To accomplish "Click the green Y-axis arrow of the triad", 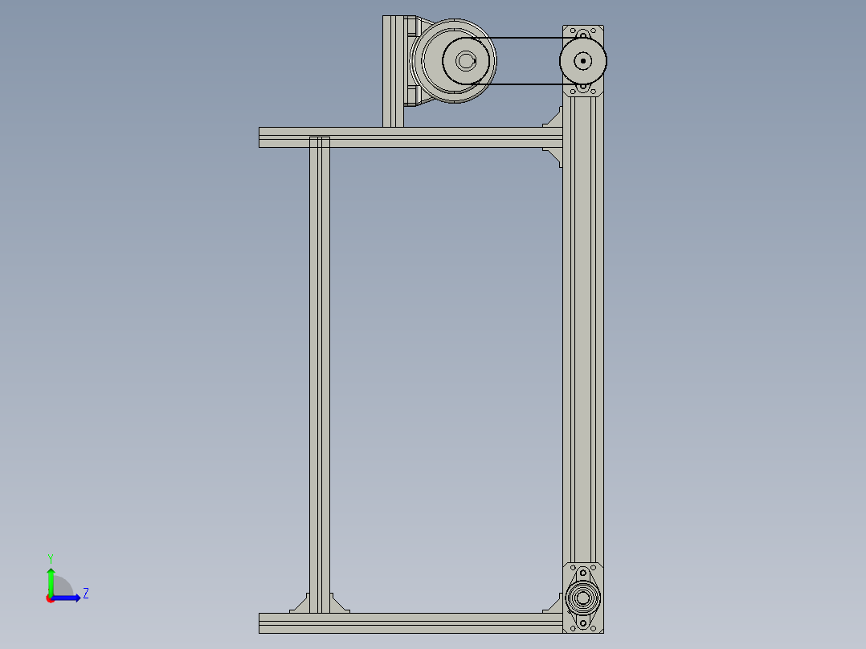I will click(x=51, y=578).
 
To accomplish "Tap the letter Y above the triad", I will click(x=50, y=557).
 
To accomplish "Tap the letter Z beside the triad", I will click(x=85, y=594).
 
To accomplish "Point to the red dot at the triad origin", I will click(x=50, y=598).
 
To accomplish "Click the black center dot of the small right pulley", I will click(x=583, y=60).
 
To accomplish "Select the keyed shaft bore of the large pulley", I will click(x=466, y=60).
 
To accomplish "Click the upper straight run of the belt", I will click(x=522, y=38).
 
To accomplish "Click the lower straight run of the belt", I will click(x=522, y=84).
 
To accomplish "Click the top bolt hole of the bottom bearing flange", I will click(x=583, y=573).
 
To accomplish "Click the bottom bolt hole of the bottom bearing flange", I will click(x=583, y=623).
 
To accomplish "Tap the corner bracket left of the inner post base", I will click(x=300, y=604).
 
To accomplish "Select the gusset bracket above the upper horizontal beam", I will click(x=554, y=118).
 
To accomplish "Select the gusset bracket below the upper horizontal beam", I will click(x=554, y=156).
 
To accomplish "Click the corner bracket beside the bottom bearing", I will click(x=554, y=604).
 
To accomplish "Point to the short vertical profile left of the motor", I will click(x=393, y=72).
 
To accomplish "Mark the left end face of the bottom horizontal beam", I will click(x=261, y=622).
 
